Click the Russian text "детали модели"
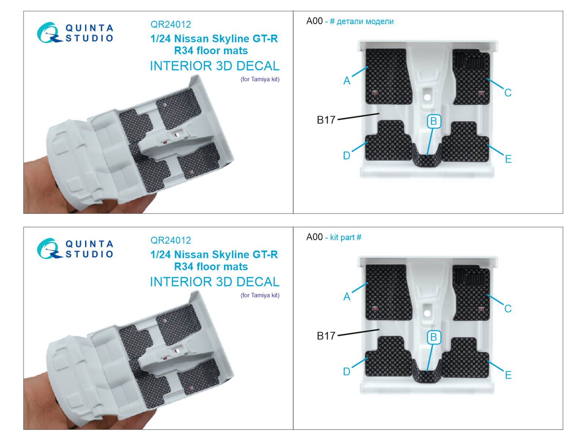click(365, 21)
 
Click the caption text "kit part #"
click(345, 237)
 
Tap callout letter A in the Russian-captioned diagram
click(346, 81)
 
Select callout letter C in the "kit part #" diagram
click(508, 309)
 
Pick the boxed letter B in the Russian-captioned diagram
click(434, 121)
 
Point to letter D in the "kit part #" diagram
click(346, 371)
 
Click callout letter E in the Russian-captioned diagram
click(508, 159)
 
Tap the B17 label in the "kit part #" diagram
click(326, 336)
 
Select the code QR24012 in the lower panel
click(171, 240)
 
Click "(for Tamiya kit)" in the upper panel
click(260, 79)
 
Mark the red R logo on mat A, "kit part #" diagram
click(375, 309)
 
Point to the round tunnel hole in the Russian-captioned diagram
click(427, 97)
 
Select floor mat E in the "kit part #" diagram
click(466, 357)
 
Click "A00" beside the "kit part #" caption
click(314, 237)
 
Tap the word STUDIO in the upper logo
click(89, 38)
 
